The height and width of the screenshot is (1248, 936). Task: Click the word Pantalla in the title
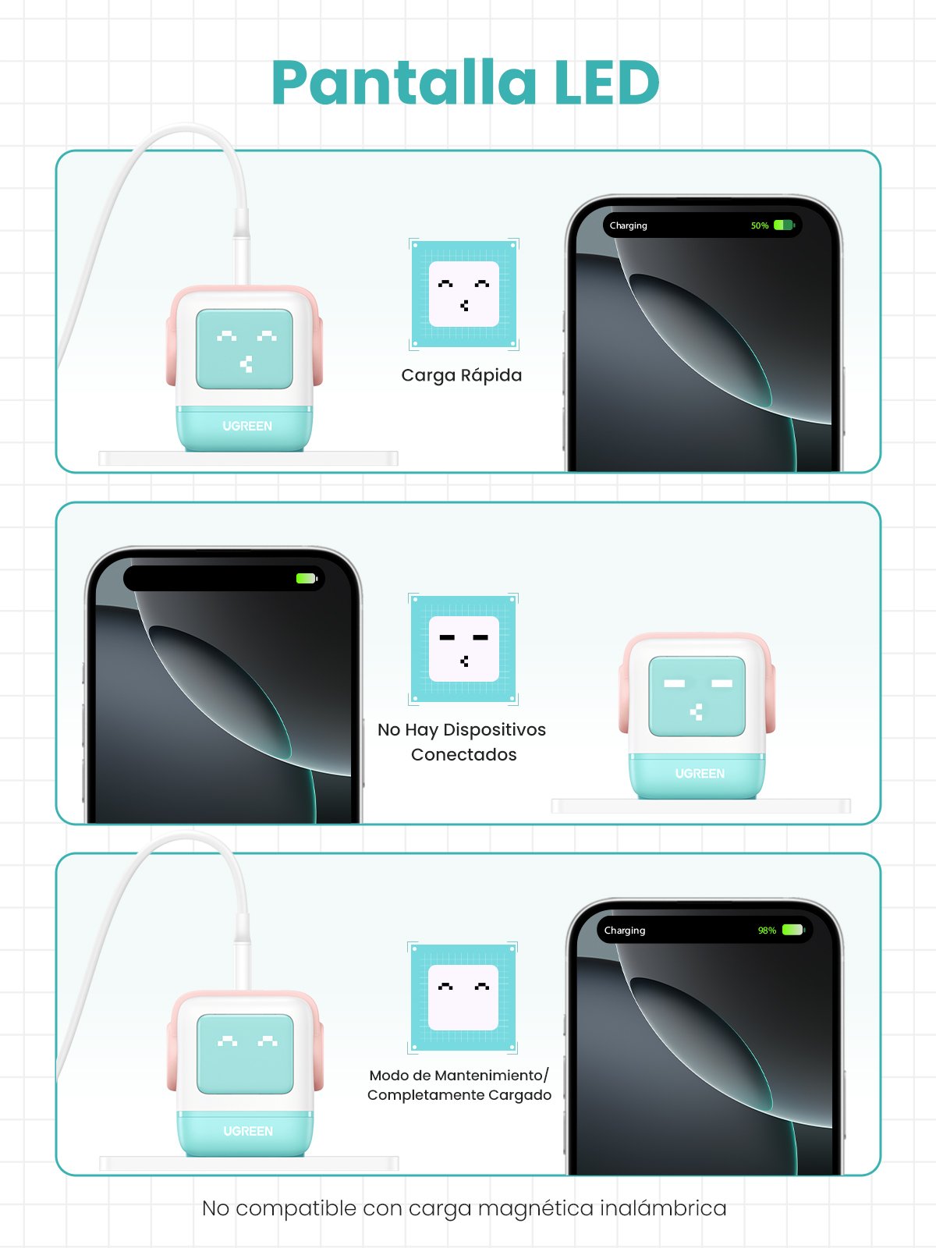point(404,83)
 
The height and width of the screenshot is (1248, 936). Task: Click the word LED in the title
point(607,83)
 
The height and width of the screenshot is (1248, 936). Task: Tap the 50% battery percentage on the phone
point(760,225)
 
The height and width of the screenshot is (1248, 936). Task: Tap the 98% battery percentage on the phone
point(767,931)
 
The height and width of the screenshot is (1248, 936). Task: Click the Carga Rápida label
point(462,375)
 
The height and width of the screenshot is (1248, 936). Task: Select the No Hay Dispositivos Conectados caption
point(463,742)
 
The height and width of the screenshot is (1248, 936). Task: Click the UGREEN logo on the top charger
point(247,426)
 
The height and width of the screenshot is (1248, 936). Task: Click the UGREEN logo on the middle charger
point(700,774)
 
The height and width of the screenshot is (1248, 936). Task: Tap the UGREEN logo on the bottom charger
point(248,1131)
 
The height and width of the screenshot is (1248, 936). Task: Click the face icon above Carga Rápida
point(464,294)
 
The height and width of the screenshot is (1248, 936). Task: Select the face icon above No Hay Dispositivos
point(464,649)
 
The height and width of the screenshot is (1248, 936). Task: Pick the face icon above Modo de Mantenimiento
point(463,998)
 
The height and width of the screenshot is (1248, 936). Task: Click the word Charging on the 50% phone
point(629,225)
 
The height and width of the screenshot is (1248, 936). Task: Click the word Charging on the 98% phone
point(625,931)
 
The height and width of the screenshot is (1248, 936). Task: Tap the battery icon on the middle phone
point(307,579)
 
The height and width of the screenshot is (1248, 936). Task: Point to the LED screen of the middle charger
point(697,696)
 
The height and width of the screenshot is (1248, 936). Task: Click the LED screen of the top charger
point(245,349)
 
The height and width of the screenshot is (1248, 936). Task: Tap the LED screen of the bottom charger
point(246,1054)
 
